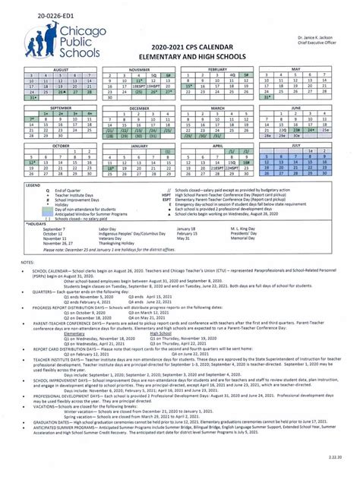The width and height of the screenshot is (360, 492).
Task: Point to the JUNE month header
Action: tap(302, 109)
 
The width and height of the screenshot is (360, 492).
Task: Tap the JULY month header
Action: tap(302, 146)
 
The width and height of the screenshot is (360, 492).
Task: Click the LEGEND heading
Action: tap(34, 184)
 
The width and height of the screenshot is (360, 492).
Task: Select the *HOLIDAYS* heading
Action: tap(36, 224)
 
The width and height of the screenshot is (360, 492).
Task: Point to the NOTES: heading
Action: tap(29, 261)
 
